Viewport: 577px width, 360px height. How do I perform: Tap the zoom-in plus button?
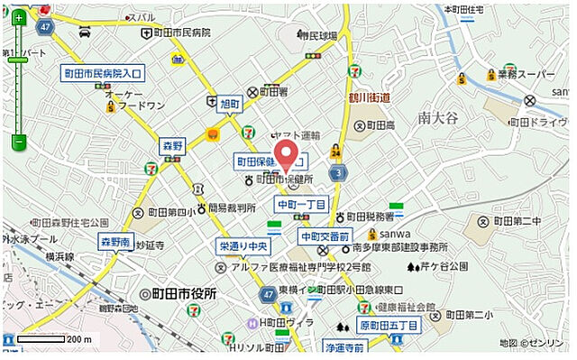pos(18,16)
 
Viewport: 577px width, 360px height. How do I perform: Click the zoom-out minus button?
pos(18,142)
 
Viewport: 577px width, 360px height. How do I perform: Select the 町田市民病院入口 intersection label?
pos(102,75)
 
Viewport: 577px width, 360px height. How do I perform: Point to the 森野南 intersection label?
pos(116,242)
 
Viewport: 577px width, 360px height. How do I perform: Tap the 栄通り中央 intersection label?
pos(244,245)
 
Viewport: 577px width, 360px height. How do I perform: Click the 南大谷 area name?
pos(438,115)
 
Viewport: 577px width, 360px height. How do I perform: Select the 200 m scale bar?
pos(54,340)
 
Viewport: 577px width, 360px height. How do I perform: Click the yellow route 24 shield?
pos(335,151)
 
